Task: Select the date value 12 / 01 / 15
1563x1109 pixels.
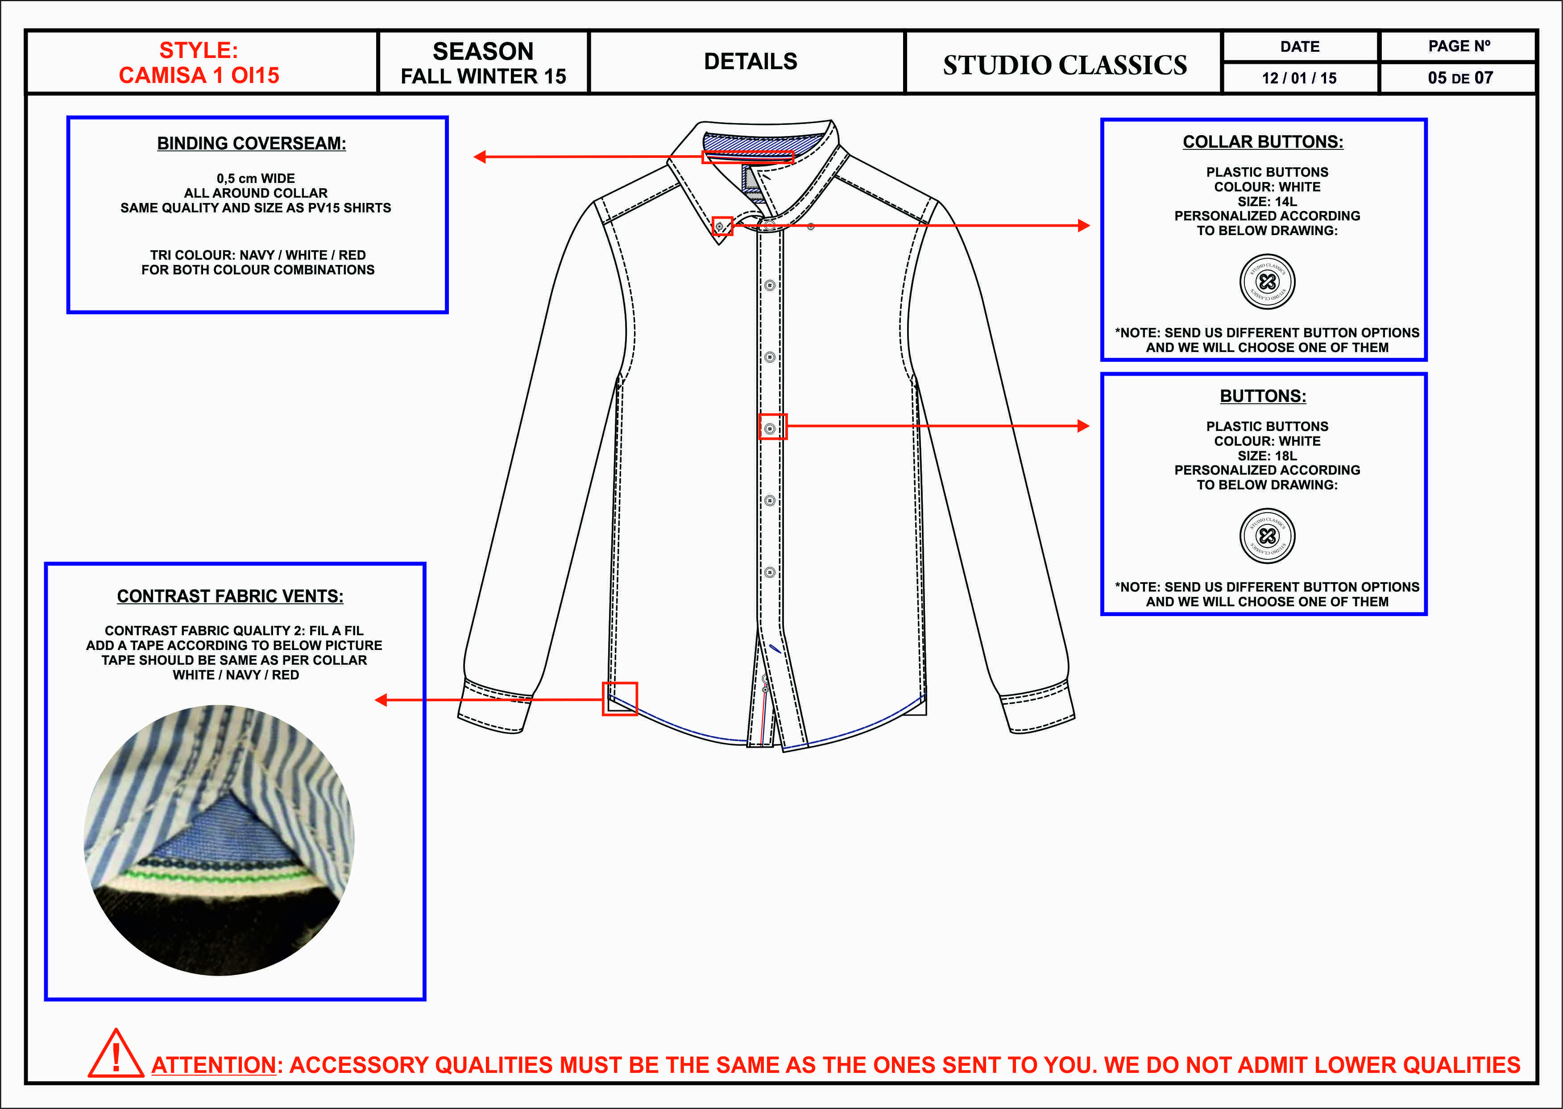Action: click(1299, 78)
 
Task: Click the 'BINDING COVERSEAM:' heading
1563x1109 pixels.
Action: click(251, 143)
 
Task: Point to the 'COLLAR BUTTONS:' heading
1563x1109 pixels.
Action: click(1263, 142)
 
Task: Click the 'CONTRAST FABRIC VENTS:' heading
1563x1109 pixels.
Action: click(230, 596)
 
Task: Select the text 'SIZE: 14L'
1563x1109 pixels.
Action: click(1267, 202)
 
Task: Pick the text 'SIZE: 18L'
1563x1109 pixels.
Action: click(1267, 455)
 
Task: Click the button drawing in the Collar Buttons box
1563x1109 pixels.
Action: click(1267, 281)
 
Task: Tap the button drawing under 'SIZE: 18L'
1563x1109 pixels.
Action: click(1267, 536)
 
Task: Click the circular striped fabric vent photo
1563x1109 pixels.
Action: click(219, 840)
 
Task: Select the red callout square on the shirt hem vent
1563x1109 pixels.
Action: click(619, 699)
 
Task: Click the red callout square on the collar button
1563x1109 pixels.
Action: click(722, 226)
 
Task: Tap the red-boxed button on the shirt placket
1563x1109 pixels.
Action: click(772, 427)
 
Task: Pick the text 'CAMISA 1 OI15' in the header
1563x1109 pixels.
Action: click(199, 75)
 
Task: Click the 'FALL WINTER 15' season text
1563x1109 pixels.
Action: click(483, 76)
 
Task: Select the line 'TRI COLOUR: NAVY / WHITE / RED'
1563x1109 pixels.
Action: click(257, 255)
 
